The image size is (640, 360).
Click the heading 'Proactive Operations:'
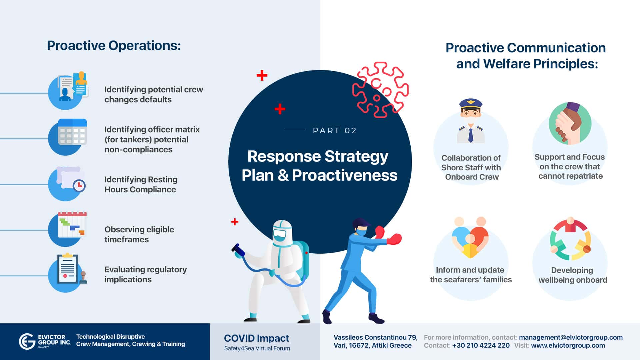[114, 46]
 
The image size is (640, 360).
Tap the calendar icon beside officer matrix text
[72, 132]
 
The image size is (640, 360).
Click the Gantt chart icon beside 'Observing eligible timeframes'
[72, 225]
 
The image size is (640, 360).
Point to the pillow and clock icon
[71, 179]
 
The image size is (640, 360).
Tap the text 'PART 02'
[335, 131]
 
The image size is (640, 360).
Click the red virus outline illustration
[380, 89]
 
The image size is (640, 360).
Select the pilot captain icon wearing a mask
[471, 121]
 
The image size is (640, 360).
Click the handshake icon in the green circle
[570, 123]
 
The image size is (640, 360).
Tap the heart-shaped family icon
[470, 237]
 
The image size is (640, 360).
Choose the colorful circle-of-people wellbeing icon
[570, 239]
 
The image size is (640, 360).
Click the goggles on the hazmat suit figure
[279, 235]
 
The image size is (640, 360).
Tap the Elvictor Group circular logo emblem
[27, 342]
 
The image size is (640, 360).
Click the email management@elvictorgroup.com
[571, 337]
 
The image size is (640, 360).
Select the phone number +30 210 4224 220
[481, 346]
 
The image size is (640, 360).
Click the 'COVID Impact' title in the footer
[257, 338]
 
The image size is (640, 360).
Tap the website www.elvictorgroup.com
[568, 346]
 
